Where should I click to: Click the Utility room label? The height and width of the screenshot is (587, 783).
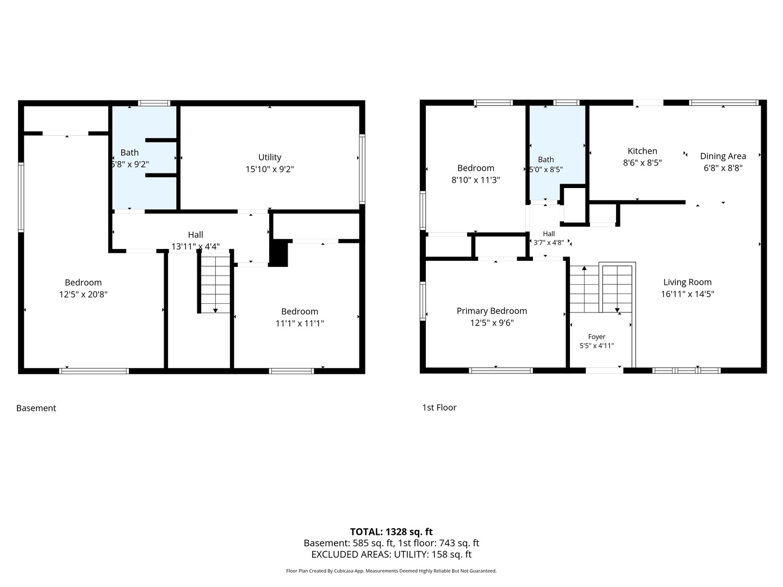(270, 157)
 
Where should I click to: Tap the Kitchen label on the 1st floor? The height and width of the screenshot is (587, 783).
(642, 151)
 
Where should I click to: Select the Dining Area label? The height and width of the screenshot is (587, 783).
(723, 156)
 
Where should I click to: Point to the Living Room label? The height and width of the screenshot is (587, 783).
(687, 282)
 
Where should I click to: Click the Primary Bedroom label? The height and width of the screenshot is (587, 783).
(492, 311)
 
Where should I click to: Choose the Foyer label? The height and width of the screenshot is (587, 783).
(596, 337)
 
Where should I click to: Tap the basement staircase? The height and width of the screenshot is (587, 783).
(215, 282)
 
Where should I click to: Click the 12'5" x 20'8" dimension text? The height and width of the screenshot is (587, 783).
(83, 295)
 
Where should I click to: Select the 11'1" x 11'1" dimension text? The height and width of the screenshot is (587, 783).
(299, 323)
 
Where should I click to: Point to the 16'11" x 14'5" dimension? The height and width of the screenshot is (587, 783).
(687, 294)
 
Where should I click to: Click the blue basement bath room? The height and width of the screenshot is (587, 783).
(144, 158)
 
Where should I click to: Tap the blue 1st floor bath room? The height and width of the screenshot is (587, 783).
(556, 153)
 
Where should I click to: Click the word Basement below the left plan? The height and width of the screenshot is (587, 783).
(36, 408)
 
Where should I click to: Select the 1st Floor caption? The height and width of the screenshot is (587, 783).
(439, 408)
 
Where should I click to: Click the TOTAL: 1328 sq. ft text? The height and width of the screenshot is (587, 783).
(391, 532)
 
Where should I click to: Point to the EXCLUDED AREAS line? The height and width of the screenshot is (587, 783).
(391, 554)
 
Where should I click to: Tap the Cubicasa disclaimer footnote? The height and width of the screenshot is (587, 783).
(391, 571)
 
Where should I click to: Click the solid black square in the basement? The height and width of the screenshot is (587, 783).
(278, 253)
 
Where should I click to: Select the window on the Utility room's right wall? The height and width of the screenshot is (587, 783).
(362, 169)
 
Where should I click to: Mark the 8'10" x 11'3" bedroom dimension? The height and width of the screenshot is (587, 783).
(475, 180)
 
